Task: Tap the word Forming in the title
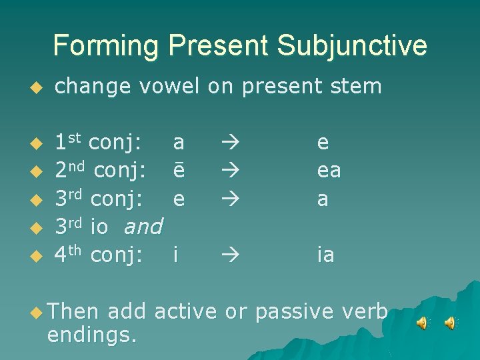[106, 46]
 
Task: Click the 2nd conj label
[101, 171]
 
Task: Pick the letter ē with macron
[179, 171]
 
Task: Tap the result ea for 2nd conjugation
[329, 171]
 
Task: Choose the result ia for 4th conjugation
[326, 255]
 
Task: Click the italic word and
[143, 227]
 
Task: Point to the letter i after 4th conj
[175, 255]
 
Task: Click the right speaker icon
[451, 323]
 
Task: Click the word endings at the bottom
[92, 333]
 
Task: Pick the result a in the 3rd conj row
[323, 199]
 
